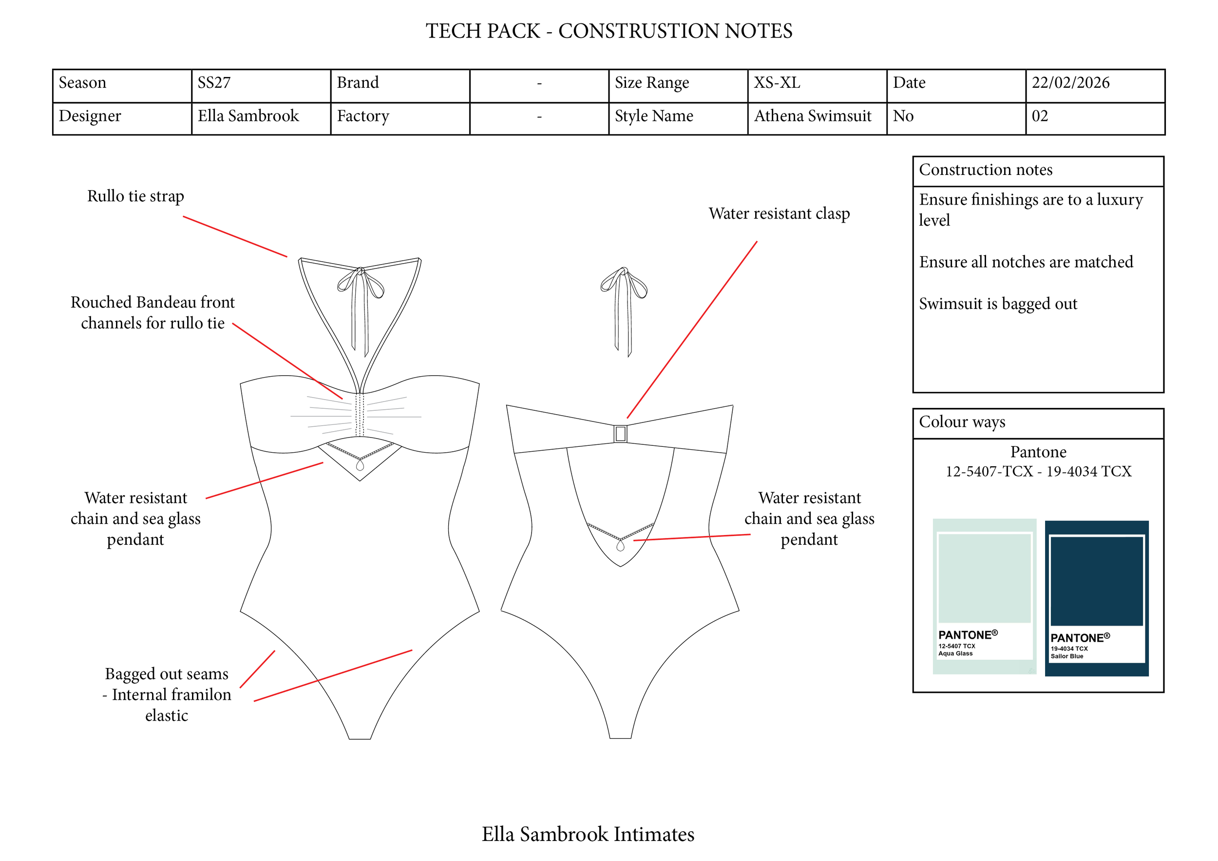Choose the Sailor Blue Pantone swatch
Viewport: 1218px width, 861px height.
pyautogui.click(x=1096, y=598)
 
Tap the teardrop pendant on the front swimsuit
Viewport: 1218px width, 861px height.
pyautogui.click(x=360, y=465)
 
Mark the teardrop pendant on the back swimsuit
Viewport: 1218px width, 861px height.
pyautogui.click(x=620, y=545)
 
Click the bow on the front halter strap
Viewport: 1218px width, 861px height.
pyautogui.click(x=361, y=281)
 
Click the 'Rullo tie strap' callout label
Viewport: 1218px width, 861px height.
pyautogui.click(x=135, y=196)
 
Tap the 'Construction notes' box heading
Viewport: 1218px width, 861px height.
pyautogui.click(x=985, y=170)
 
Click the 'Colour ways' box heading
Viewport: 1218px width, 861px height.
pyautogui.click(x=962, y=422)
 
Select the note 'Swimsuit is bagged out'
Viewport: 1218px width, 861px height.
pyautogui.click(x=998, y=304)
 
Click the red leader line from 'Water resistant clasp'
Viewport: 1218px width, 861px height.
pyautogui.click(x=692, y=330)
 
